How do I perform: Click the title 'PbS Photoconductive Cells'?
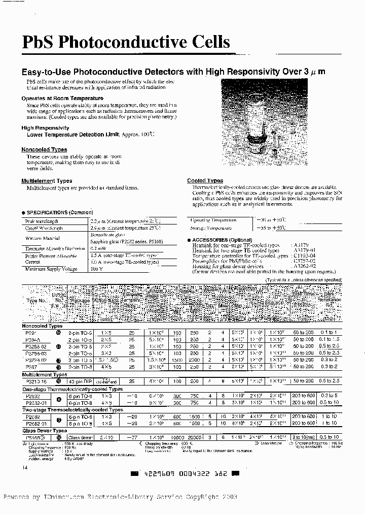click(x=126, y=43)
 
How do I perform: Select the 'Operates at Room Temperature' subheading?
click(x=62, y=98)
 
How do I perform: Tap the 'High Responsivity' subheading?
click(x=45, y=128)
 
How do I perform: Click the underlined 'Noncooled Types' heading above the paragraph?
click(x=44, y=149)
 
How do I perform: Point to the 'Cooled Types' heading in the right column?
click(x=205, y=180)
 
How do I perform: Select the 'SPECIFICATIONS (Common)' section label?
click(x=53, y=212)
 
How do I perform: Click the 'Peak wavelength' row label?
click(x=42, y=221)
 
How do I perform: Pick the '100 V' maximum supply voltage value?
click(x=96, y=269)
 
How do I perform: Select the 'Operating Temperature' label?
click(x=213, y=220)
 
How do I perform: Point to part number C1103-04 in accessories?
click(x=305, y=255)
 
